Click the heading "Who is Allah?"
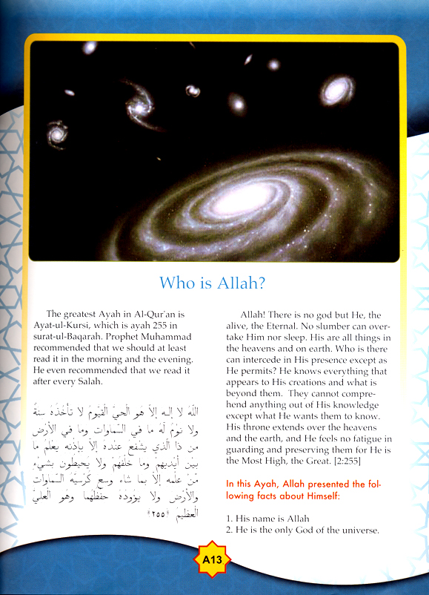[214, 283]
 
